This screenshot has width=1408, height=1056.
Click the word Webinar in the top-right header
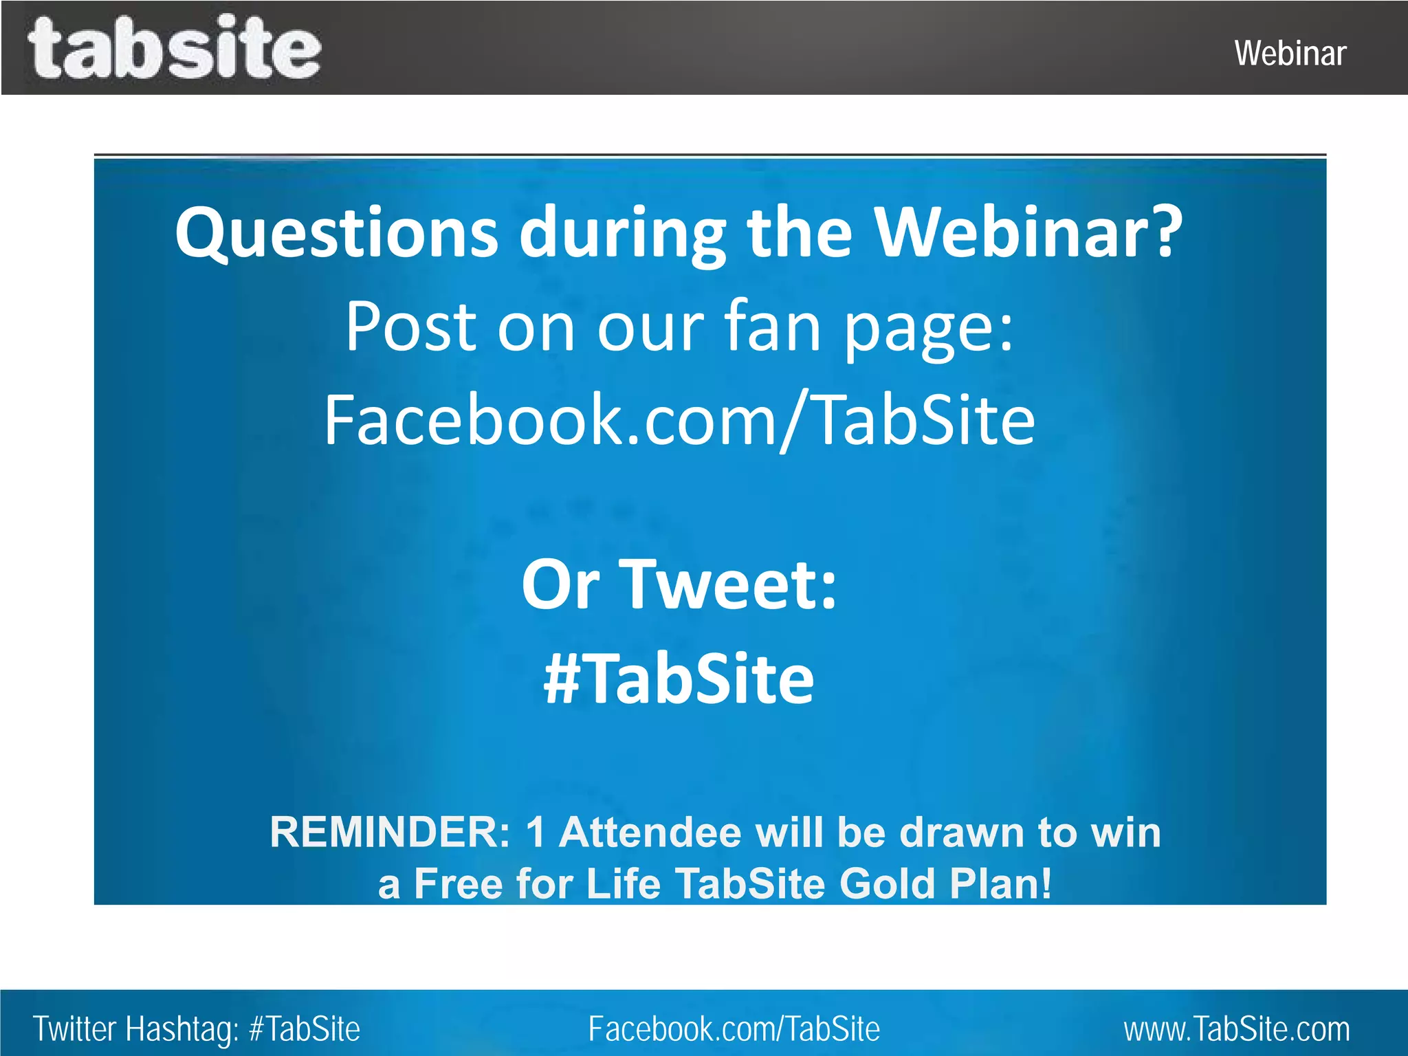click(x=1290, y=54)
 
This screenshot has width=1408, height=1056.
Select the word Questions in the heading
click(x=336, y=232)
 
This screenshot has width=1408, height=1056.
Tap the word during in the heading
click(x=622, y=232)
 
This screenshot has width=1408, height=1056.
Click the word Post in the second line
click(x=410, y=326)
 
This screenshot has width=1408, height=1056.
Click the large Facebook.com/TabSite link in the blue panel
click(x=679, y=419)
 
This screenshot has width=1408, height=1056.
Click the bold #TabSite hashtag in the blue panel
click(x=679, y=679)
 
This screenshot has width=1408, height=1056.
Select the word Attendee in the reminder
click(x=650, y=833)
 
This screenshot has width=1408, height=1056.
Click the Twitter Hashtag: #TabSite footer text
click(x=197, y=1029)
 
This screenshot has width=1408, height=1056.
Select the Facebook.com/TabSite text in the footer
click(x=734, y=1029)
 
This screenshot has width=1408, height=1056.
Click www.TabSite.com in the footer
click(x=1237, y=1029)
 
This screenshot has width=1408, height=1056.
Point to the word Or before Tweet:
click(x=560, y=584)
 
